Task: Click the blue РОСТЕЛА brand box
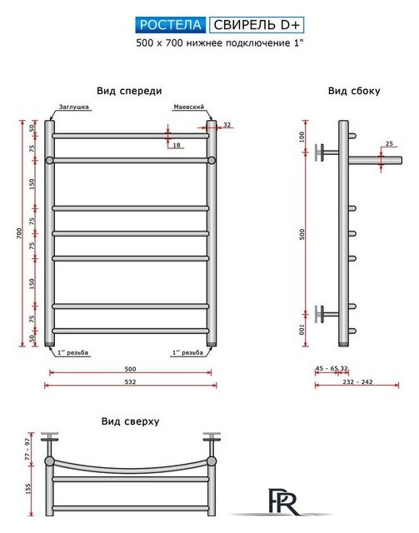click(x=171, y=25)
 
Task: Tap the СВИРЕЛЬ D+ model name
click(x=257, y=25)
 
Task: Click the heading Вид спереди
click(x=129, y=91)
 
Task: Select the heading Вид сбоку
click(x=354, y=91)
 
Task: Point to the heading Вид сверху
click(x=130, y=421)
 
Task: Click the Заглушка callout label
click(x=74, y=107)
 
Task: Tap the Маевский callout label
click(x=189, y=107)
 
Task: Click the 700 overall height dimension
click(x=19, y=233)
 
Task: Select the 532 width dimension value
click(x=130, y=381)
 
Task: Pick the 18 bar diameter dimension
click(x=177, y=145)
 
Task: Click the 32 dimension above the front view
click(x=227, y=125)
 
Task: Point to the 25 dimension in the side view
click(x=389, y=144)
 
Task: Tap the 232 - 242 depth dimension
click(x=357, y=381)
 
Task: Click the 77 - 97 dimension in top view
click(x=27, y=448)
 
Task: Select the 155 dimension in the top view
click(x=27, y=489)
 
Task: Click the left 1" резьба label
click(x=72, y=352)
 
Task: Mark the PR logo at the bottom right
click(x=283, y=501)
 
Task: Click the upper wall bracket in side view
click(x=327, y=152)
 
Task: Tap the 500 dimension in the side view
click(x=302, y=233)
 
